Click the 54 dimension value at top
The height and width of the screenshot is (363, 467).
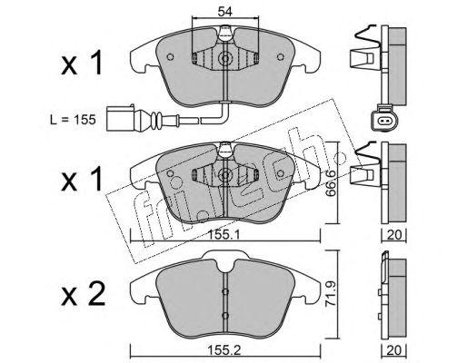pyautogui.click(x=224, y=12)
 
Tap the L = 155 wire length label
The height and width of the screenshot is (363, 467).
pyautogui.click(x=73, y=120)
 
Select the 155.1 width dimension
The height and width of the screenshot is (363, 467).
pyautogui.click(x=225, y=234)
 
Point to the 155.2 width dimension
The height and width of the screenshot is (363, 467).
pyautogui.click(x=224, y=350)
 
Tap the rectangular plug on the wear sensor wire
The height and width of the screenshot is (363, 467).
pyautogui.click(x=120, y=118)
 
